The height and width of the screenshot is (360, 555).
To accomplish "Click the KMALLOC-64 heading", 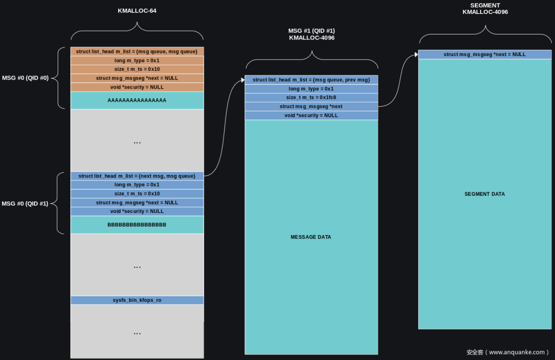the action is click(x=137, y=11).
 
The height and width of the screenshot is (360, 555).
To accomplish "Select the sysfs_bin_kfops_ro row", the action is click(x=137, y=300).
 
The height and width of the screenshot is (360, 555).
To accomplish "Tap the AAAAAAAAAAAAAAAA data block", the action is click(x=137, y=100).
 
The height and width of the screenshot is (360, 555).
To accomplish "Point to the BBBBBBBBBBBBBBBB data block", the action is click(x=137, y=225).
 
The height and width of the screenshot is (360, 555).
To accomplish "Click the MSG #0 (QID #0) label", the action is click(x=25, y=78).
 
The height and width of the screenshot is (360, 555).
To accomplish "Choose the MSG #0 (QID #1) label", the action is click(x=25, y=204).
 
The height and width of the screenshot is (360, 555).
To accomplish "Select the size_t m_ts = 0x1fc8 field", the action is click(x=311, y=97).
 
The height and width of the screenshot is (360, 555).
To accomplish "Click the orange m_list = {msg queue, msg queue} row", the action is click(x=137, y=51).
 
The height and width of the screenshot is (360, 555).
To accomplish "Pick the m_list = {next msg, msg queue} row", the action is click(x=137, y=176).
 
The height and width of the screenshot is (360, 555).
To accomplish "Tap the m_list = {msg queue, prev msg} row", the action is click(x=311, y=80).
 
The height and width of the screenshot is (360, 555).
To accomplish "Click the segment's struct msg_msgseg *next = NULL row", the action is click(x=485, y=54).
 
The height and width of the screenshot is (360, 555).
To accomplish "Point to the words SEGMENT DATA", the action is click(x=485, y=194).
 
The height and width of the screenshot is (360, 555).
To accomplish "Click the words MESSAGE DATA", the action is click(x=311, y=237).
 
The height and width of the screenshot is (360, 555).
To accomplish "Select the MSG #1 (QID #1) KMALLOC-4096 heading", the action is click(x=311, y=34).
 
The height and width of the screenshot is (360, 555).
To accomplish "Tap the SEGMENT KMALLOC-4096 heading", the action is click(x=485, y=9).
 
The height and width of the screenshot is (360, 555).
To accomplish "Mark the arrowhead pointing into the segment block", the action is click(x=417, y=55).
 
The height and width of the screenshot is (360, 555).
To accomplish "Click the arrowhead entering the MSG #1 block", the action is click(x=243, y=80).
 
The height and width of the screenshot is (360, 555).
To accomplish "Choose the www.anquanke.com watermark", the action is click(x=508, y=352).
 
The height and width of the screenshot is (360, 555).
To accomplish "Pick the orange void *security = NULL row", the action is click(x=137, y=87).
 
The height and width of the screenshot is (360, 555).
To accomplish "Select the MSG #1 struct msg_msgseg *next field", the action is click(x=311, y=106).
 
